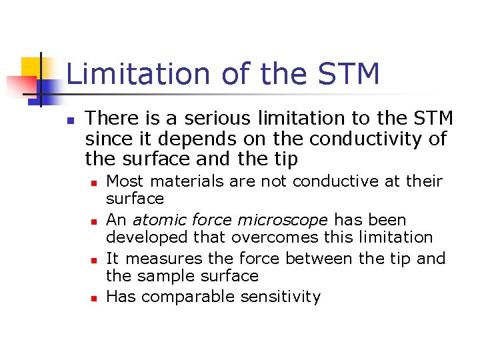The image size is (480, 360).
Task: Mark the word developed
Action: pos(138,237)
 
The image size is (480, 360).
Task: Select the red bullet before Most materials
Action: pos(95,182)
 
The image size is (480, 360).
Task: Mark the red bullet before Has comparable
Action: pos(95,298)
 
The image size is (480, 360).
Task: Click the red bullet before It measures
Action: pos(95,259)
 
